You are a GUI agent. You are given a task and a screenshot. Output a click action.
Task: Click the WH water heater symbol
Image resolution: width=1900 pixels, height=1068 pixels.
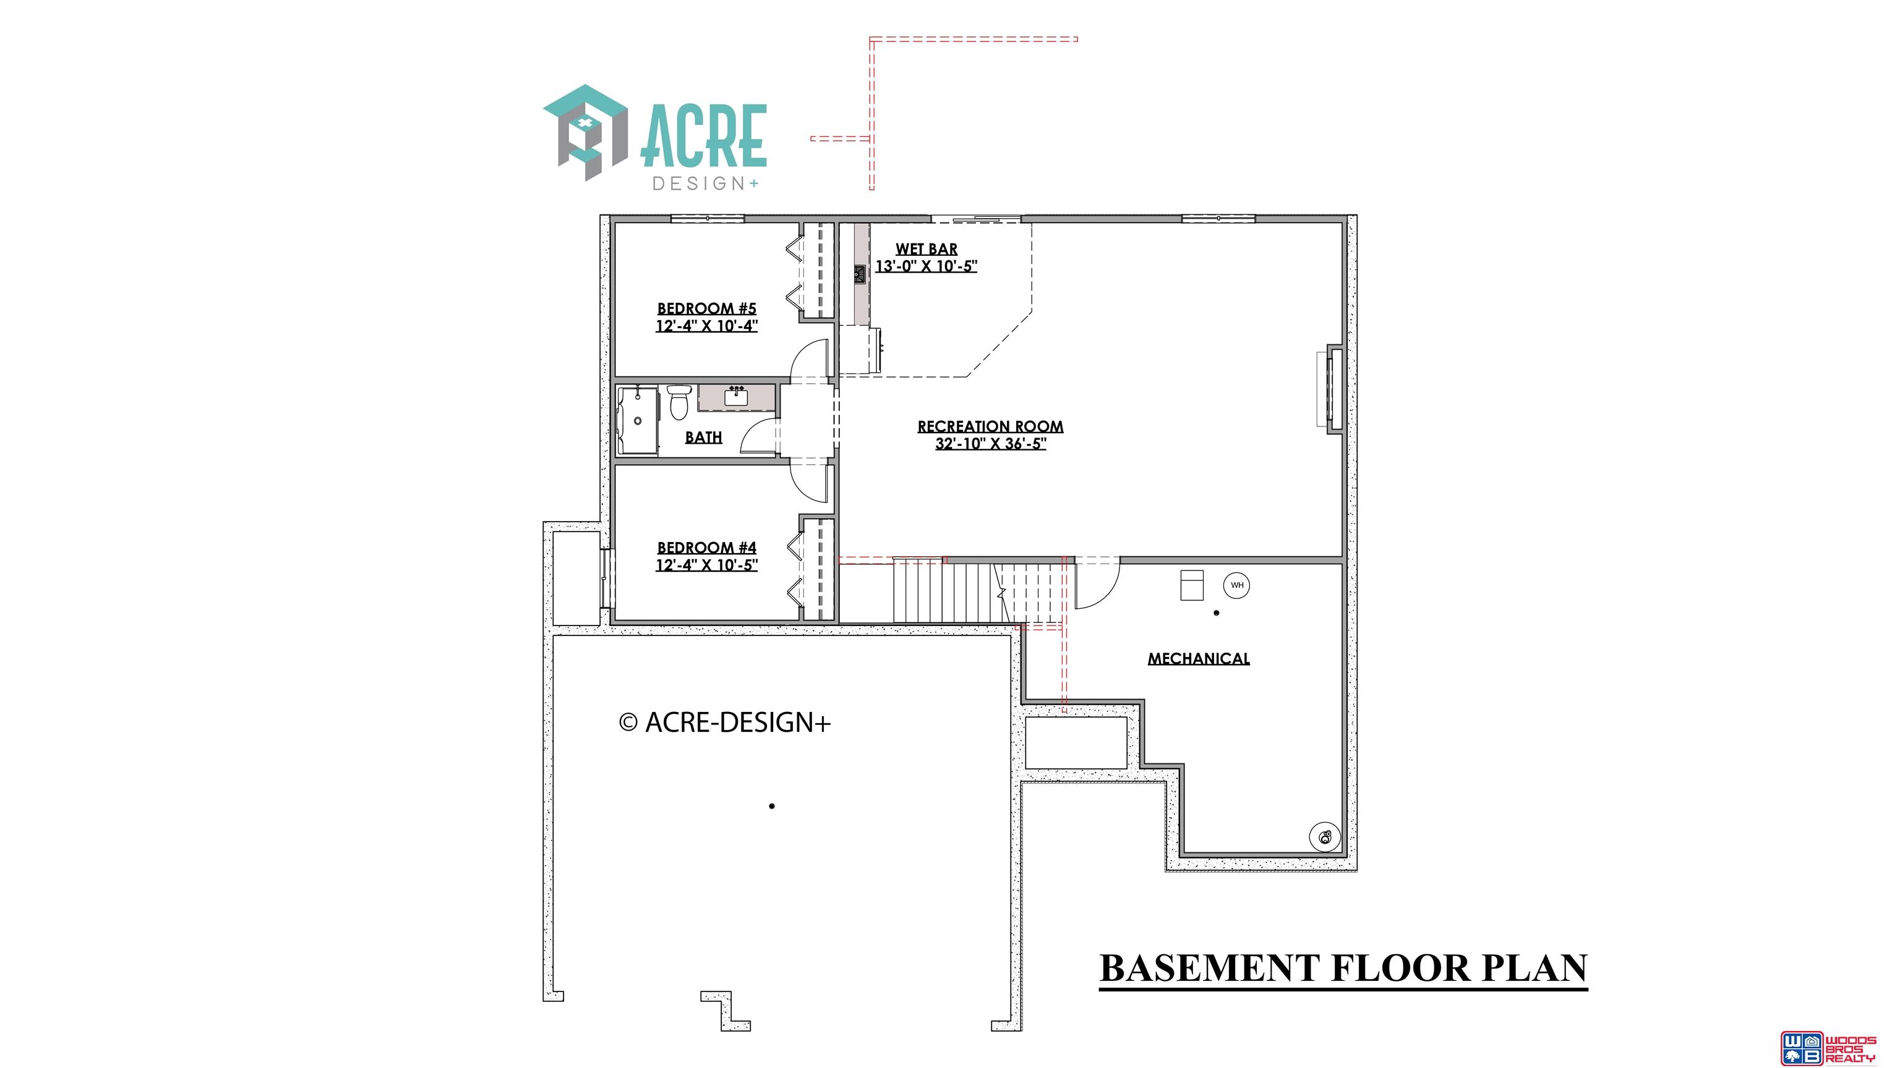(1237, 585)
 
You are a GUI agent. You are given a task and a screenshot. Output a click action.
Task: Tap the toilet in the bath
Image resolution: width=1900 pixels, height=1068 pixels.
(677, 402)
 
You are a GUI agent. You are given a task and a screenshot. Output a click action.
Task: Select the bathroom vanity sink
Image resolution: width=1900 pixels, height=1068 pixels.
(736, 397)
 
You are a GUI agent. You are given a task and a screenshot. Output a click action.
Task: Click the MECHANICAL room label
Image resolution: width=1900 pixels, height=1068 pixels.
(1199, 659)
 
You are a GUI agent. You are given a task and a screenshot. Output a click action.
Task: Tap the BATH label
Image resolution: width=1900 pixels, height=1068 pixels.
(704, 437)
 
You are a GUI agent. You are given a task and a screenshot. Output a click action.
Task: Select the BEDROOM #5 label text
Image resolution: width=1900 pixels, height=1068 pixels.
(706, 308)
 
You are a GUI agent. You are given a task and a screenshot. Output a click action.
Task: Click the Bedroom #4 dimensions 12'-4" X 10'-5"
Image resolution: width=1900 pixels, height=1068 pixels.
(706, 566)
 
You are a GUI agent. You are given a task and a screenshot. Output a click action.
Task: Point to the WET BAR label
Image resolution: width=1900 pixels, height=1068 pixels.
(926, 249)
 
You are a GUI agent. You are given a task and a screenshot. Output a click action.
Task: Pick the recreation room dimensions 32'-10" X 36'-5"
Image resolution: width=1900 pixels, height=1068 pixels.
(991, 444)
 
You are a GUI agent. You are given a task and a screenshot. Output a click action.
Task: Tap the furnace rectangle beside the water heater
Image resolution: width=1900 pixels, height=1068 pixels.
(1192, 585)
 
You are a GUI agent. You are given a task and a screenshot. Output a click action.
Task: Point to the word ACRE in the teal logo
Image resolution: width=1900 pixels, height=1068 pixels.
(704, 135)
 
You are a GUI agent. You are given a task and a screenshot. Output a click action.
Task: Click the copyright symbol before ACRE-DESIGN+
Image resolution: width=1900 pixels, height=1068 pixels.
(628, 723)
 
